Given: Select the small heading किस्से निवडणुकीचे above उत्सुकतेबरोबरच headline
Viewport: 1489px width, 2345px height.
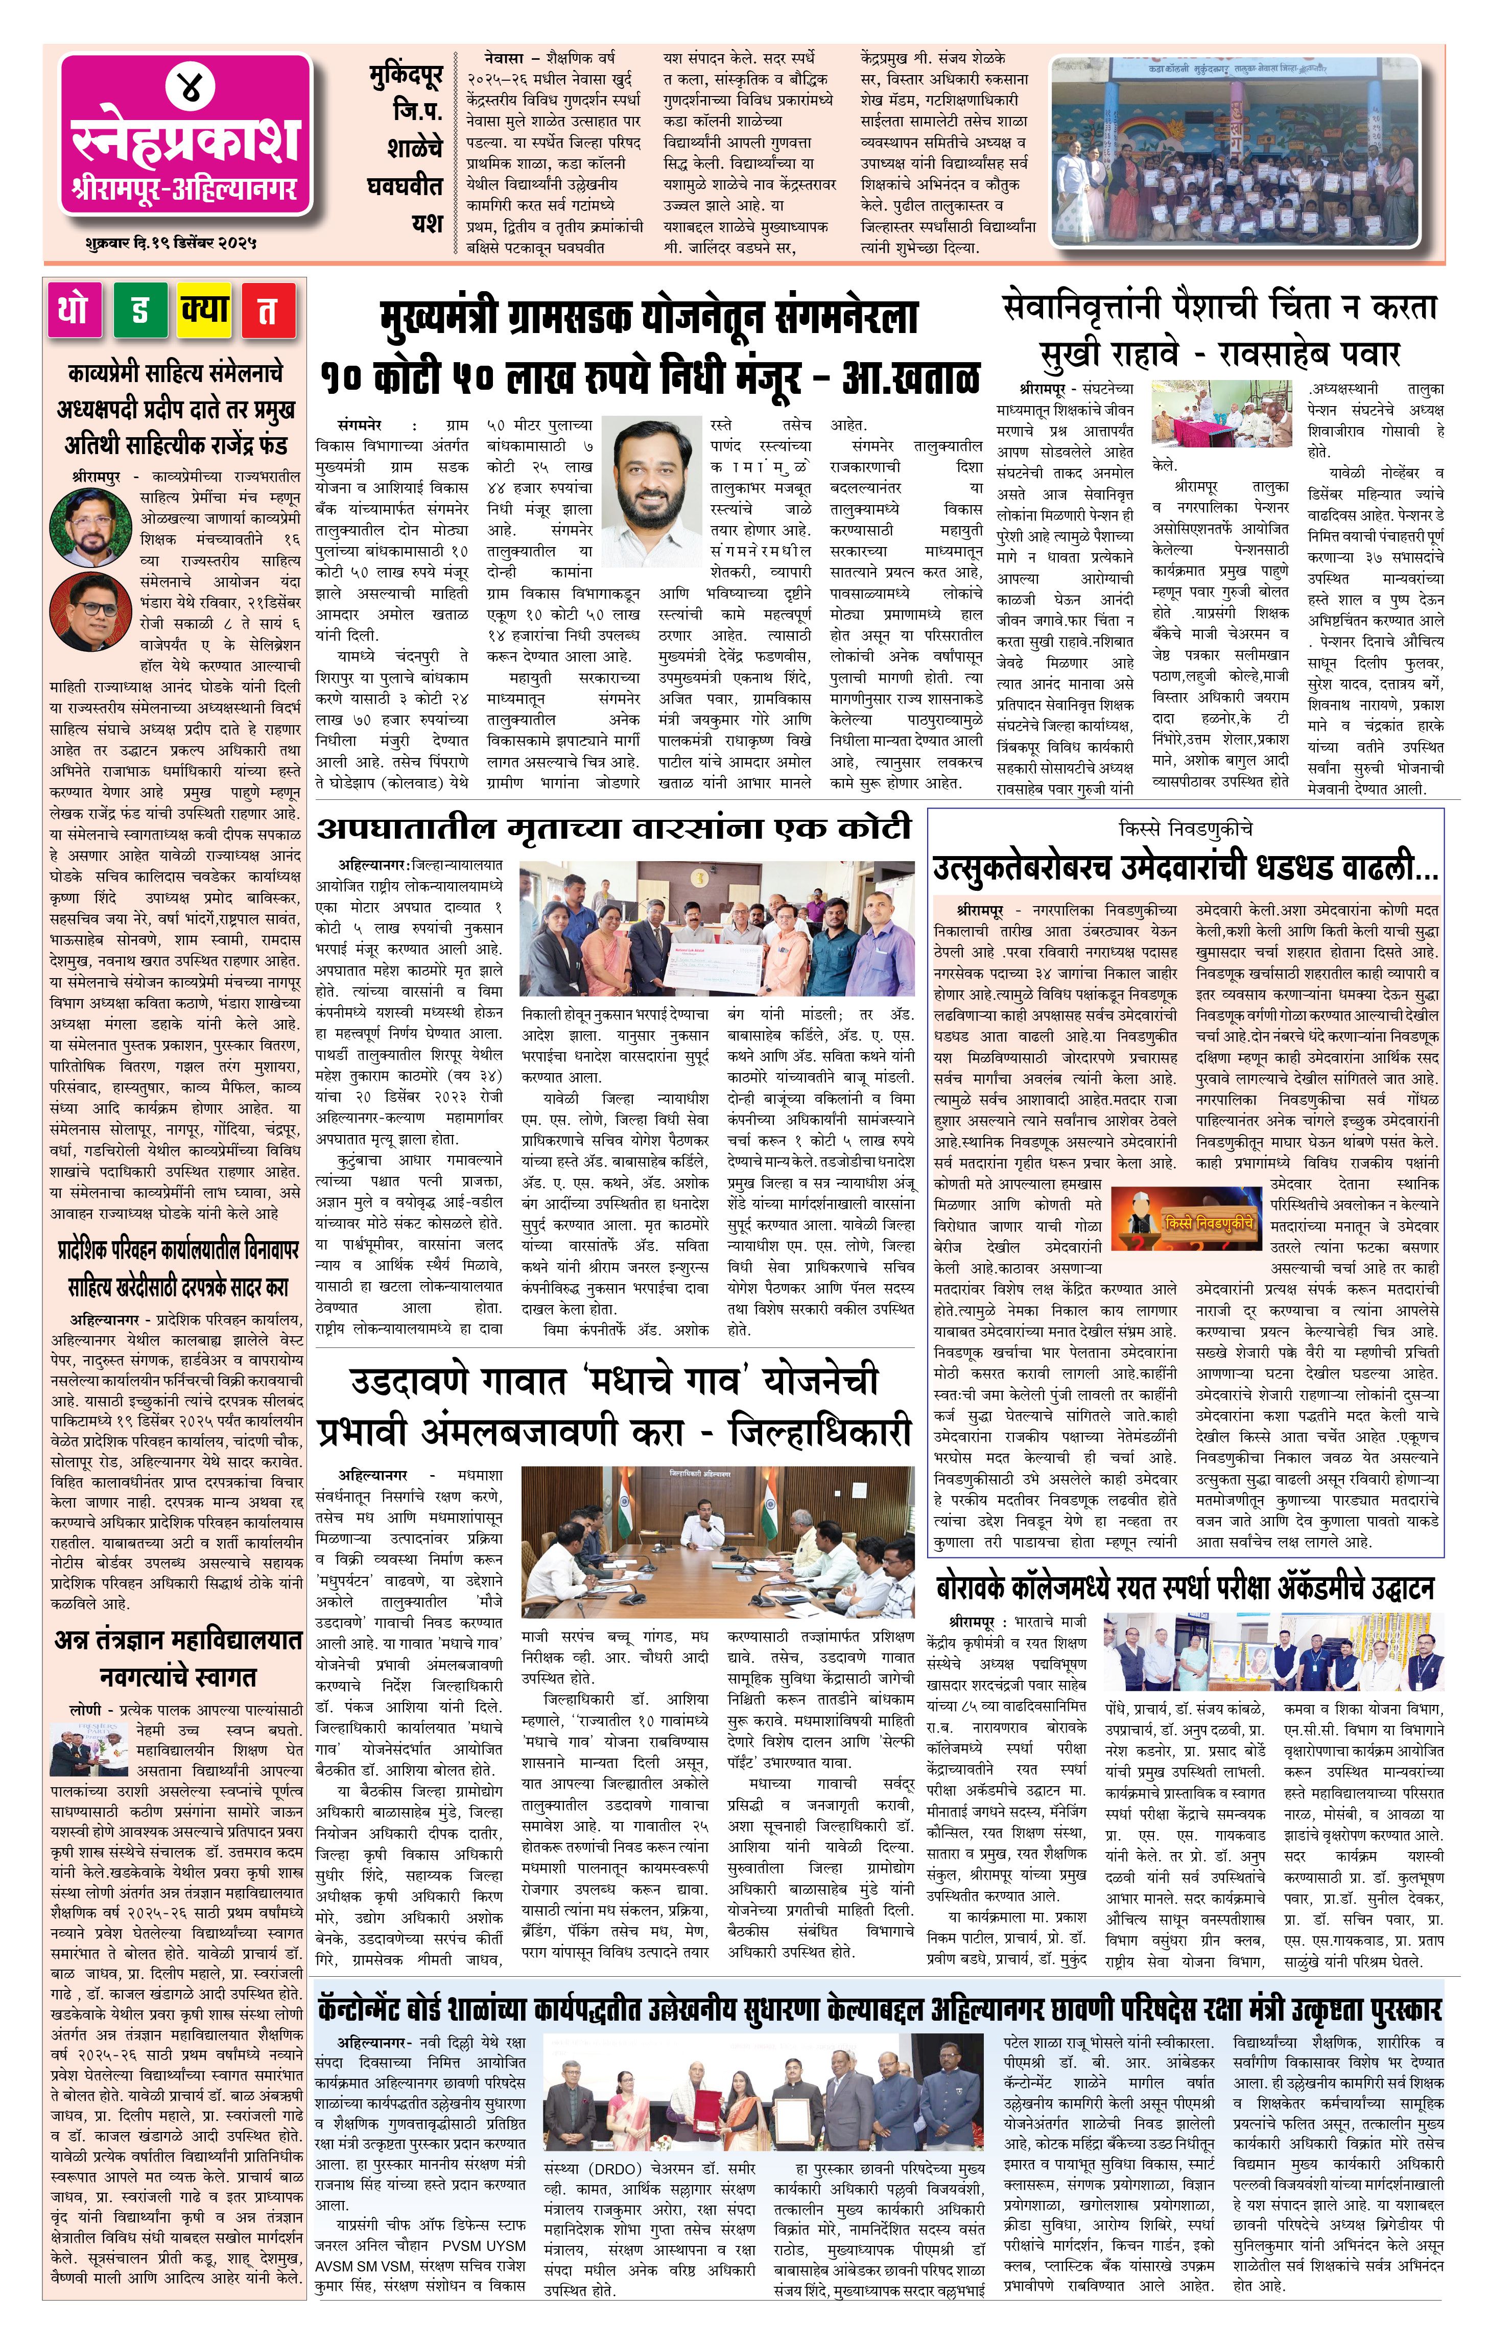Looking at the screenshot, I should tap(1185, 828).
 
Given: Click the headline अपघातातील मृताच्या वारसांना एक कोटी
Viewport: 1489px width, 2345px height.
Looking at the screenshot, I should tap(613, 828).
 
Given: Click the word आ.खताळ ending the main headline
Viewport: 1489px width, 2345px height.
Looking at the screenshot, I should tap(911, 377).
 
